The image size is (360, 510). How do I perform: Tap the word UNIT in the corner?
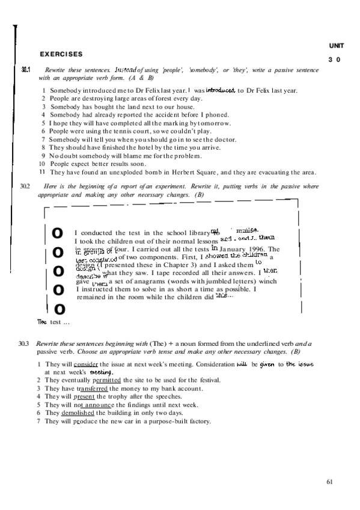pyautogui.click(x=335, y=46)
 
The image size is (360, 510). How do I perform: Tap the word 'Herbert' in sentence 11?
pyautogui.click(x=195, y=172)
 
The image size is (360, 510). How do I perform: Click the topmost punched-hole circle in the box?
pyautogui.click(x=57, y=232)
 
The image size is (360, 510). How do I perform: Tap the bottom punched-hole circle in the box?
pyautogui.click(x=59, y=309)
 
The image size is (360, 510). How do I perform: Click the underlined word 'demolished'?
pyautogui.click(x=82, y=413)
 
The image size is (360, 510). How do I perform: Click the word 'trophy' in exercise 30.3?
pyautogui.click(x=115, y=396)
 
